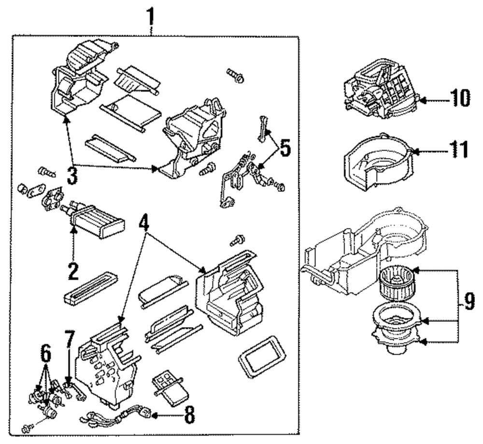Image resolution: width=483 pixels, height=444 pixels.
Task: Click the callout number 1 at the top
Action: point(150,17)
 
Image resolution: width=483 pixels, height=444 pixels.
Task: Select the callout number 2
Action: point(73,271)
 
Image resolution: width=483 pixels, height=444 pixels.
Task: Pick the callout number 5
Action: point(284,148)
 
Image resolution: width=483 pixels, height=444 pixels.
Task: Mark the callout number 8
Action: point(189,415)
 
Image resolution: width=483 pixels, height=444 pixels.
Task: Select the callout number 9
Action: point(469,302)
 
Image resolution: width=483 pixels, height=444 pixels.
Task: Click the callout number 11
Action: point(459,149)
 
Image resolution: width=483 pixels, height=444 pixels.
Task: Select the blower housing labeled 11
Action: point(377,162)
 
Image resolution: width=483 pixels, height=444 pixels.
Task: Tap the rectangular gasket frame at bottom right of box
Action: point(262,356)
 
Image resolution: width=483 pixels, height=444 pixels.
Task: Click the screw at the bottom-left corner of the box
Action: point(28,428)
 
